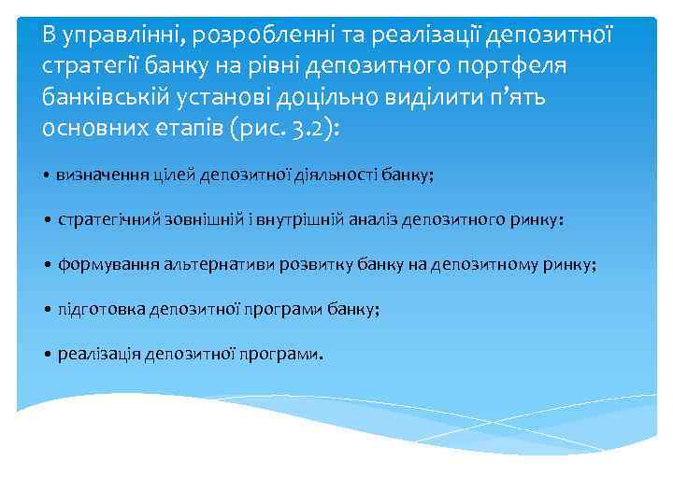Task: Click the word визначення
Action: [x=99, y=175]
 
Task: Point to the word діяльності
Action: [x=339, y=175]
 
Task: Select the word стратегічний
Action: [x=111, y=219]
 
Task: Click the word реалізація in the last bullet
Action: [x=100, y=355]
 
